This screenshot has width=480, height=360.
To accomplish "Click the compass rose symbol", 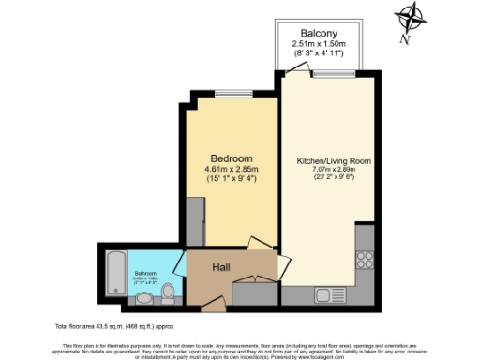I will click(x=411, y=19).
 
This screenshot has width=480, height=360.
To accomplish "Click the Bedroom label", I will click(x=230, y=157).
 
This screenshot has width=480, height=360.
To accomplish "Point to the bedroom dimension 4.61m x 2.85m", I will click(x=231, y=169).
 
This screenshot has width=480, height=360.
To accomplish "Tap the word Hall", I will click(x=222, y=267).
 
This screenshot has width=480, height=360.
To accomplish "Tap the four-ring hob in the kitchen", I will click(x=366, y=260).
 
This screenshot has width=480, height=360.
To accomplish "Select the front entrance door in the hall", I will click(x=214, y=303).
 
